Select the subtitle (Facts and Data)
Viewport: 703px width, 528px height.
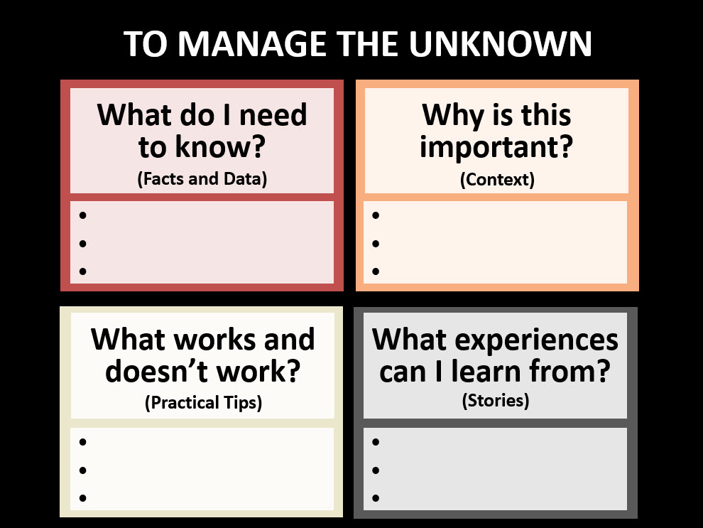202,178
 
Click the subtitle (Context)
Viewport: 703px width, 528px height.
497,179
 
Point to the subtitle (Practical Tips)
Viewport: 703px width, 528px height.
203,403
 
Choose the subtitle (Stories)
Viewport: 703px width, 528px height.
496,400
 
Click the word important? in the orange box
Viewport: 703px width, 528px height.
496,148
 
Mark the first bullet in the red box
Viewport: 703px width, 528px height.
84,215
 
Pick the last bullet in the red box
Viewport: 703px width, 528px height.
84,271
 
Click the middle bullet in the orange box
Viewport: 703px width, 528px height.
376,244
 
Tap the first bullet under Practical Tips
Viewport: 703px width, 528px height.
83,442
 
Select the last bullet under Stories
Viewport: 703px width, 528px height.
376,497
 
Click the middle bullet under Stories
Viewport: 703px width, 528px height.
376,470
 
